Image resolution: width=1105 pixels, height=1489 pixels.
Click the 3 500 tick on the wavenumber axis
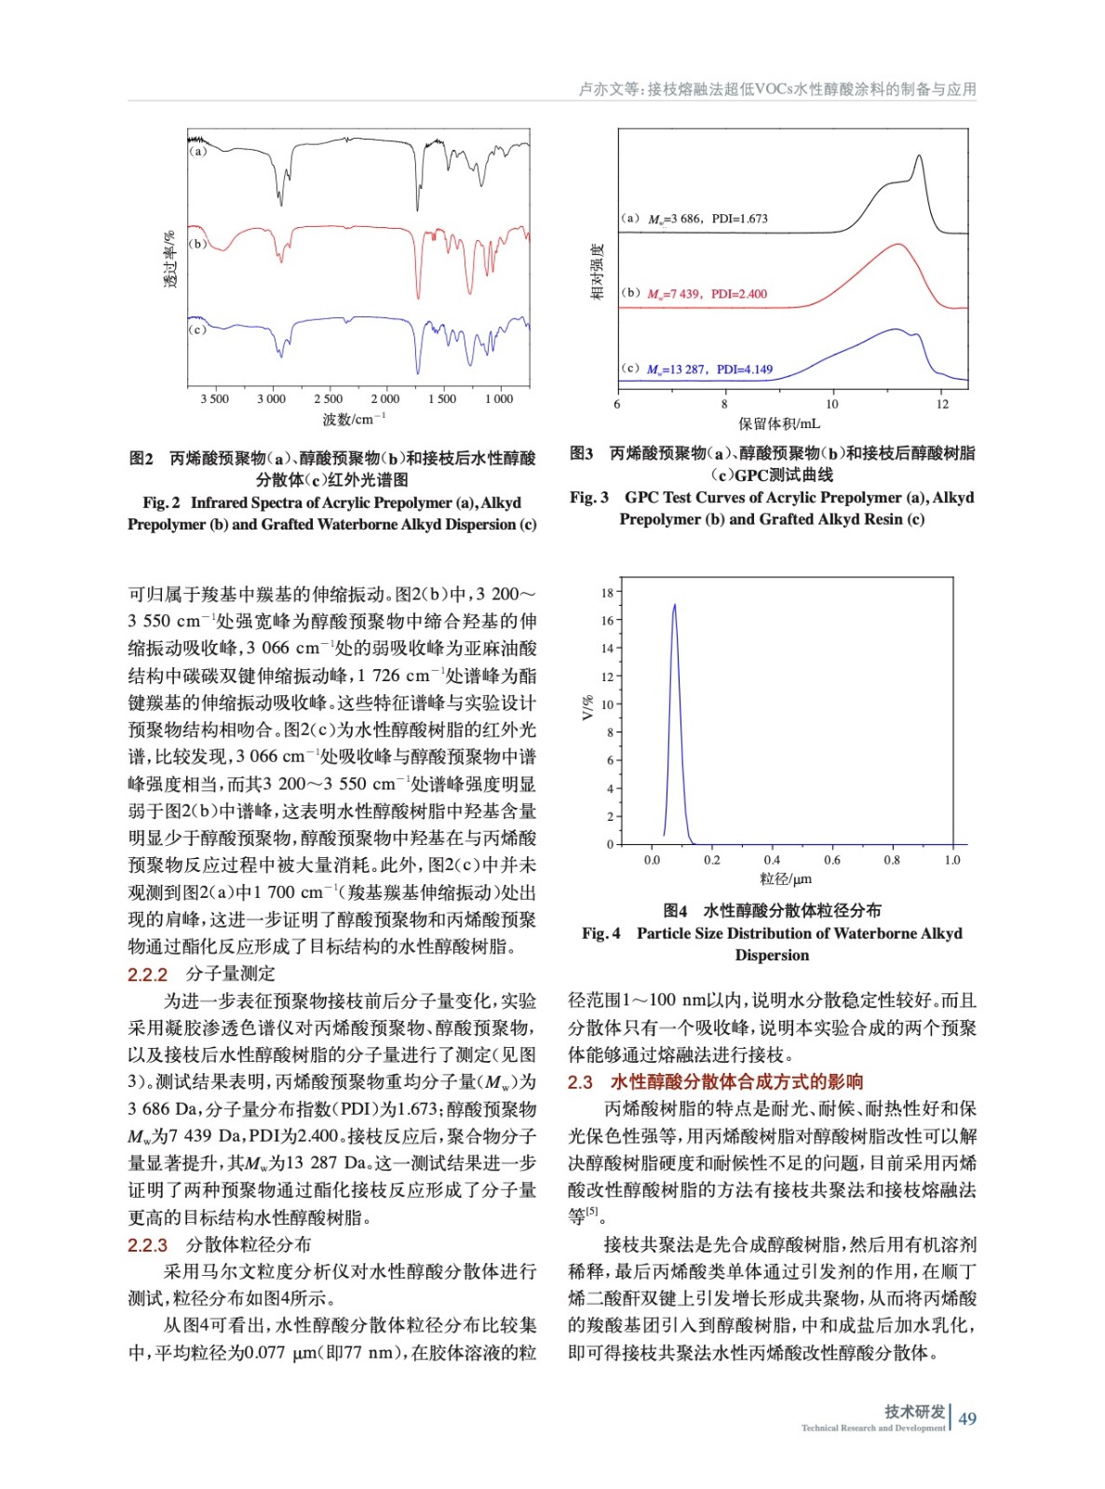point(214,399)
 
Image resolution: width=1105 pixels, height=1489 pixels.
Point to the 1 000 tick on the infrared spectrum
point(499,399)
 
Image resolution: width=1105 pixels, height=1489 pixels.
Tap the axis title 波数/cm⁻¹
point(354,420)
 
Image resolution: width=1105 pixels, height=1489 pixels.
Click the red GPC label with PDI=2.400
point(707,294)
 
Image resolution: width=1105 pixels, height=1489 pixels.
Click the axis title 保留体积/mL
point(779,424)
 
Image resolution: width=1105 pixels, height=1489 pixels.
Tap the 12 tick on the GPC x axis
point(942,404)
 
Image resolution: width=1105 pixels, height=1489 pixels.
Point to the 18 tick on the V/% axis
point(607,593)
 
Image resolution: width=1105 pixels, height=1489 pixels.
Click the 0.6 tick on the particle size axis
point(832,860)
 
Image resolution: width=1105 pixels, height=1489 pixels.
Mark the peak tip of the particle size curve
point(674,605)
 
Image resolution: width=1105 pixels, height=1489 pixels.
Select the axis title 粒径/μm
point(786,879)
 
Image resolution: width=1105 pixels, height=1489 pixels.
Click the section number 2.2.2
point(147,974)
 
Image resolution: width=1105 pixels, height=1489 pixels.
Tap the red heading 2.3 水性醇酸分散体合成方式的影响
point(715,1081)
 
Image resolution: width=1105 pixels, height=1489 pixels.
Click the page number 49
point(967,1419)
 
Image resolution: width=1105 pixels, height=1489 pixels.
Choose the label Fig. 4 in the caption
point(601,933)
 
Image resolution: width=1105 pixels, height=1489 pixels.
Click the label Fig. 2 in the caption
point(161,503)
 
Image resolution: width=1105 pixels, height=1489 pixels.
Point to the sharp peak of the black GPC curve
point(920,156)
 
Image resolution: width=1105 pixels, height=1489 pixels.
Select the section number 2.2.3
point(147,1245)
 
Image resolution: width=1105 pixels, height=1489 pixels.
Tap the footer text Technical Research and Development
point(872,1429)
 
